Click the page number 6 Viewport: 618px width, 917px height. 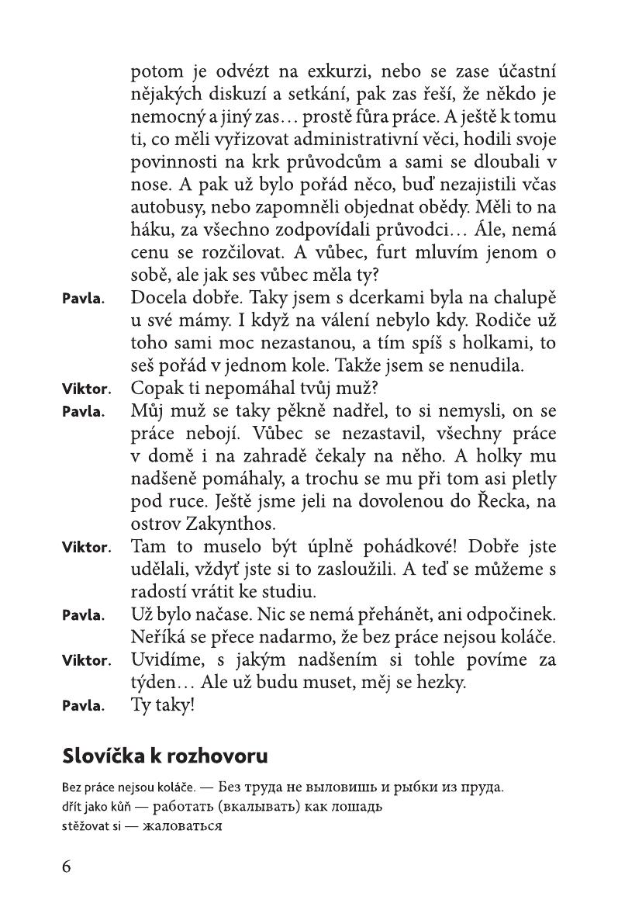[x=67, y=866]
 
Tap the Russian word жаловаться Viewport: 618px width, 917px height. [x=186, y=825]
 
